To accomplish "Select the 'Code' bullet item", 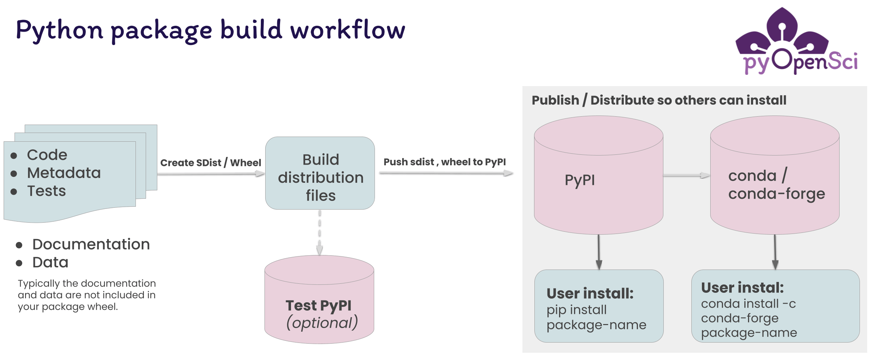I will pyautogui.click(x=47, y=155).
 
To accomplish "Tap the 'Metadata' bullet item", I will pyautogui.click(x=64, y=173).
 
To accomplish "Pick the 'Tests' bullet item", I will pyautogui.click(x=47, y=191).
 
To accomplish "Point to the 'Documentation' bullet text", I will pyautogui.click(x=91, y=244).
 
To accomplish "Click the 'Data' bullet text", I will pyautogui.click(x=50, y=263).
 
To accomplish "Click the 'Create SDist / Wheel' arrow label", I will pyautogui.click(x=211, y=163).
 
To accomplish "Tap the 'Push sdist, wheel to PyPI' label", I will pyautogui.click(x=444, y=162).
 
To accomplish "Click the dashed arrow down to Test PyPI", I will pyautogui.click(x=320, y=232).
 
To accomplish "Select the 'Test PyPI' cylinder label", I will pyautogui.click(x=318, y=306).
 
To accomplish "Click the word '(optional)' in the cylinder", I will pyautogui.click(x=322, y=323).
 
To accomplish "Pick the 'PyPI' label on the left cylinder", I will pyautogui.click(x=579, y=180).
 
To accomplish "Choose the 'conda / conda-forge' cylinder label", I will pyautogui.click(x=776, y=185).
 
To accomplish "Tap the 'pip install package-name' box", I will pyautogui.click(x=599, y=306).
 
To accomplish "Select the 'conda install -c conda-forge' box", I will pyautogui.click(x=775, y=306).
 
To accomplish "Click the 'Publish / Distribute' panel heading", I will pyautogui.click(x=659, y=100).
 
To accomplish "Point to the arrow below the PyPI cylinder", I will pyautogui.click(x=599, y=252).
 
